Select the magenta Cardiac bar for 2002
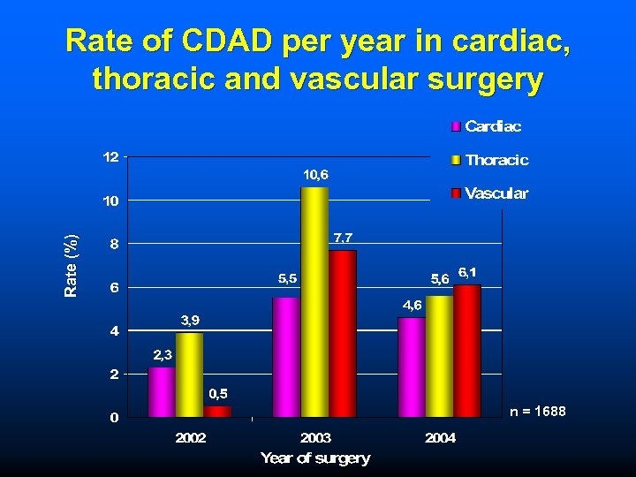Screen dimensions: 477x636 tap(162, 391)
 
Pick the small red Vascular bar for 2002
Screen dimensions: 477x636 tap(217, 411)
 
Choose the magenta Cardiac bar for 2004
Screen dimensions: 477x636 tap(412, 367)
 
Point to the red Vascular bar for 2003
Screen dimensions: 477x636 tap(342, 333)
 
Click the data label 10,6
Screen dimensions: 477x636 tap(315, 175)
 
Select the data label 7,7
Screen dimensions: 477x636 tap(344, 238)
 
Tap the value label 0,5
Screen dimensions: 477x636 tap(218, 393)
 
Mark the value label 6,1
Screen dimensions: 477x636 tap(468, 272)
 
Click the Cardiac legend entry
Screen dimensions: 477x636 tap(493, 126)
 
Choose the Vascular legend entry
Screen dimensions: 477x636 tap(496, 193)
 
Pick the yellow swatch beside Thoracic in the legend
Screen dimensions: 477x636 tap(456, 161)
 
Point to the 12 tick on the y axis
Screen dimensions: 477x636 tap(110, 157)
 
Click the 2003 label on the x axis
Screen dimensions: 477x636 tap(315, 437)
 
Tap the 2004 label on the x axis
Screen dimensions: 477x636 tap(440, 437)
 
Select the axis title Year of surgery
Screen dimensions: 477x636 tap(315, 458)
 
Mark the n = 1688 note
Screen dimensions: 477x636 tap(538, 412)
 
